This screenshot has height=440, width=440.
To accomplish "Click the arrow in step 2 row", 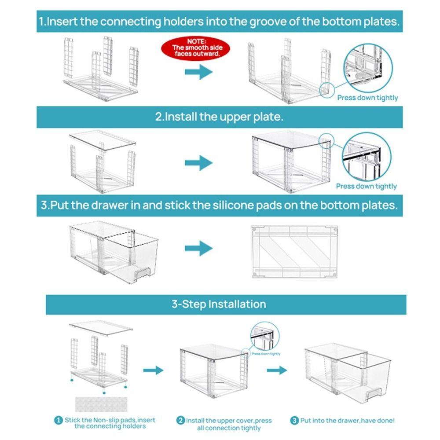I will tap(198, 162).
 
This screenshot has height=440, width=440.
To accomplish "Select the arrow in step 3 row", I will tap(198, 248).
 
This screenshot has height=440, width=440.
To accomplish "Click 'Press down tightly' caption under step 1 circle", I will tap(367, 98).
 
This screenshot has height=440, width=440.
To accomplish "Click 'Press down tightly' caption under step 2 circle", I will tap(367, 186).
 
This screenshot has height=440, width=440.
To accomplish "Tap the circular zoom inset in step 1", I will tap(367, 69).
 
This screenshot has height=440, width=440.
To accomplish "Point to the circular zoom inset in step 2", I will tap(367, 157).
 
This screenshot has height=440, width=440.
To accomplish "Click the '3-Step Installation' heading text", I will tap(219, 304).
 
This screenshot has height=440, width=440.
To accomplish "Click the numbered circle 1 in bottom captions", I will tap(58, 421).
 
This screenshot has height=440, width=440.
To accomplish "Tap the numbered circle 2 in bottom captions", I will tap(180, 421).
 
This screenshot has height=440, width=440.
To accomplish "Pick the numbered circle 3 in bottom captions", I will tap(294, 421).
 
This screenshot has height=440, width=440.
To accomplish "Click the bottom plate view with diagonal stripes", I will tap(294, 252).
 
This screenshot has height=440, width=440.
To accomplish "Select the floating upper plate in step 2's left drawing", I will tap(103, 138).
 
